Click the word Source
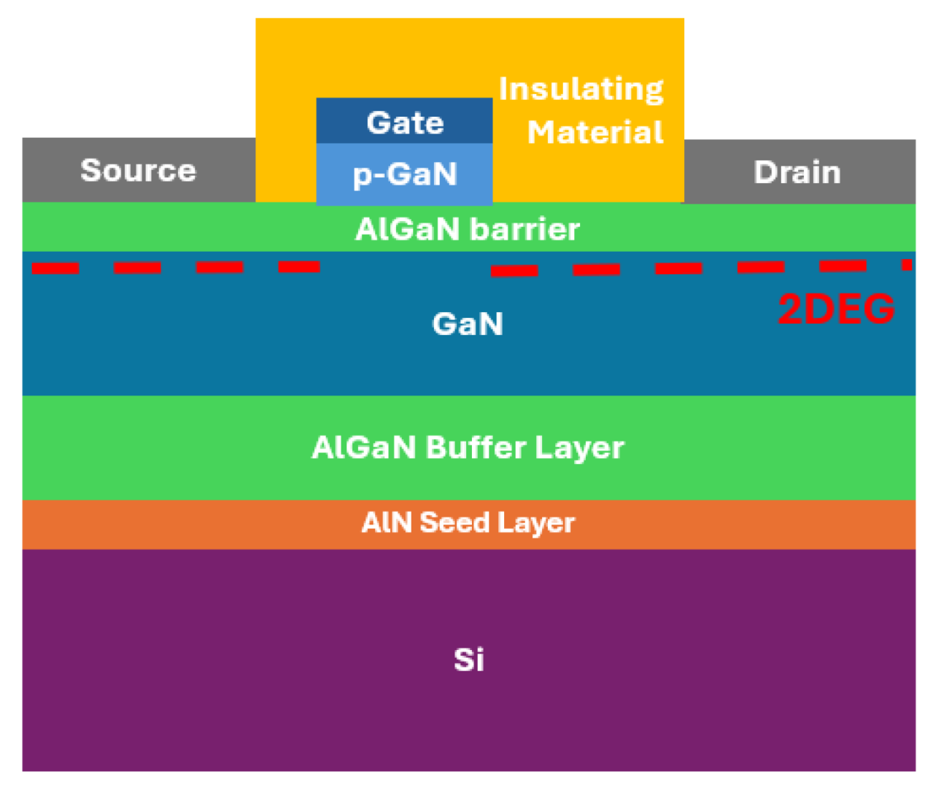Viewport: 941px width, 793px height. (139, 171)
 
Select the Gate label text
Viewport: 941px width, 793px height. (405, 123)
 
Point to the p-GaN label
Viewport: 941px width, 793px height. (405, 174)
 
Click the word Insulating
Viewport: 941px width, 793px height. (581, 89)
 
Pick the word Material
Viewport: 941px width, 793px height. (595, 132)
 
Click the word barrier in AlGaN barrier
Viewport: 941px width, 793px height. (524, 230)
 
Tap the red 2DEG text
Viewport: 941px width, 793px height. (836, 309)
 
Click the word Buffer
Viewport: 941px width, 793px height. (476, 447)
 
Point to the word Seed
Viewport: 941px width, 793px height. (454, 522)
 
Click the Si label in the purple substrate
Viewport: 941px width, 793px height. (469, 659)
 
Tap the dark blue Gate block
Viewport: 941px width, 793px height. (404, 120)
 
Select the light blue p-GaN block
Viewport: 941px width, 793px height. (404, 174)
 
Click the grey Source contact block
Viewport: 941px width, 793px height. (139, 170)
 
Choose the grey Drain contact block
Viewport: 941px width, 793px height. (799, 171)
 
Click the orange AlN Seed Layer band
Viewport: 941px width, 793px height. (469, 525)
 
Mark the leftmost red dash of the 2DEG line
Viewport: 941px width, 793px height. (55, 268)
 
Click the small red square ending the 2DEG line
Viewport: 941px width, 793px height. (907, 265)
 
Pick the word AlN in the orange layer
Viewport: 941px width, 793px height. (387, 522)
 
